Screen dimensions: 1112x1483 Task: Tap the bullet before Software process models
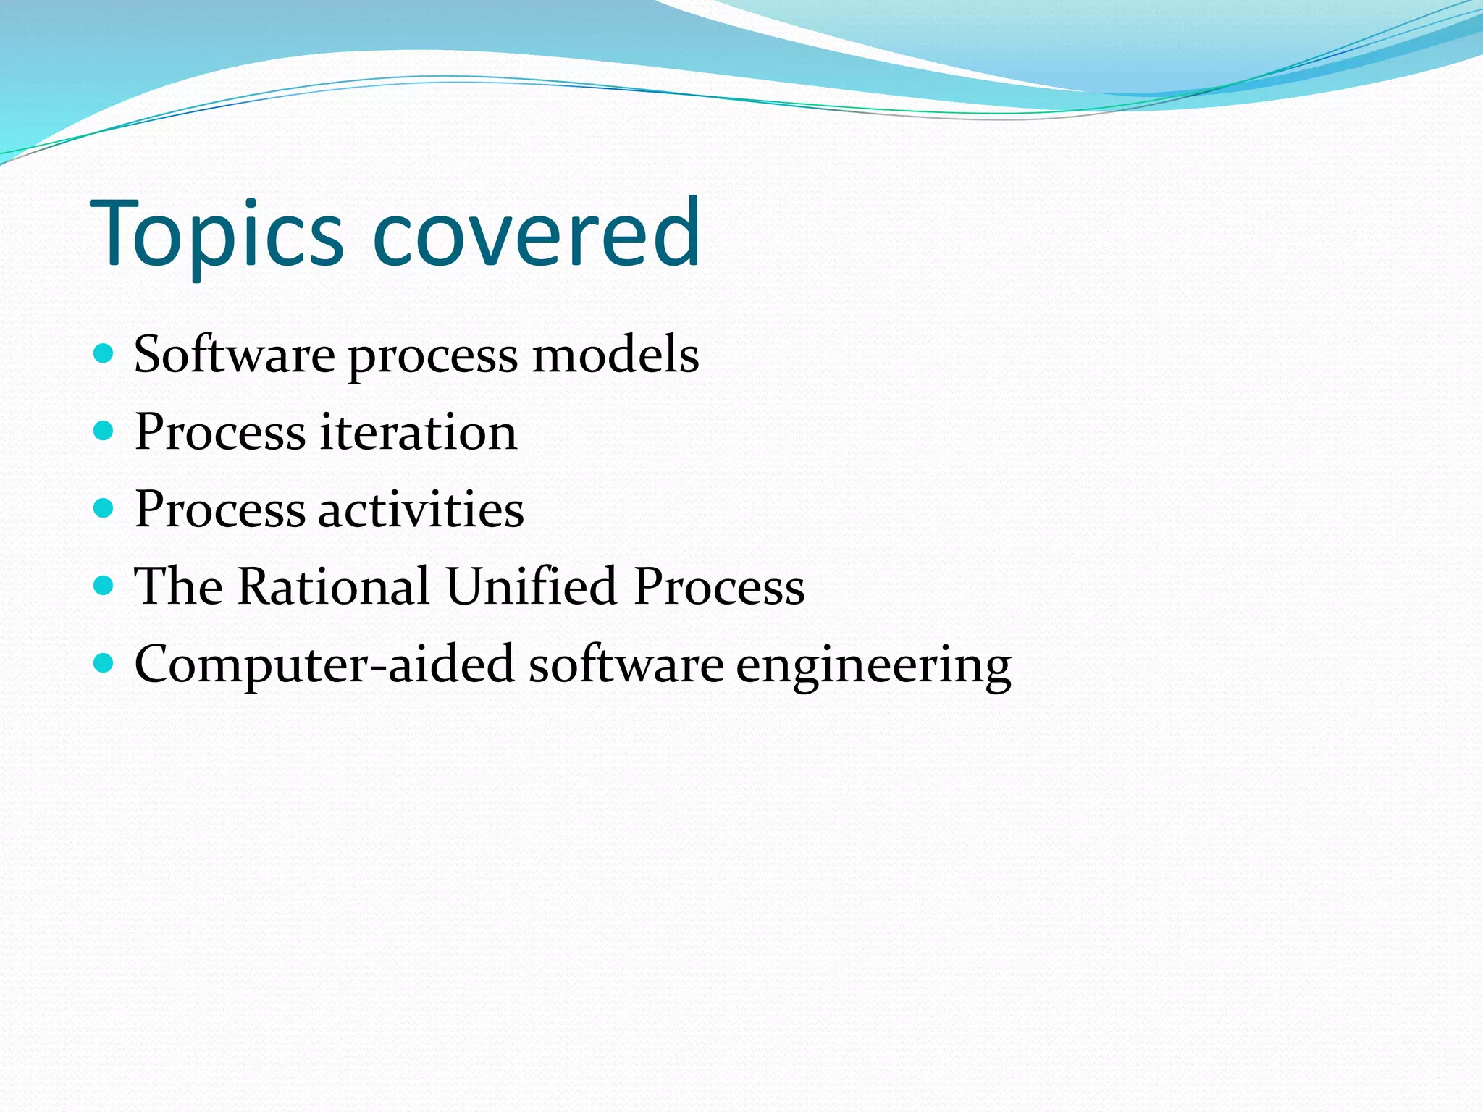pyautogui.click(x=104, y=353)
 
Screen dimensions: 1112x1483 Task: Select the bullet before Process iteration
pyautogui.click(x=104, y=431)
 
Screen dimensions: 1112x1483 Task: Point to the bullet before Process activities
pyautogui.click(x=104, y=508)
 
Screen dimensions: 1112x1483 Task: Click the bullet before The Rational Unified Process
pyautogui.click(x=104, y=585)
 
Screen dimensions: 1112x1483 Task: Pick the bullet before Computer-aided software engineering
pyautogui.click(x=104, y=662)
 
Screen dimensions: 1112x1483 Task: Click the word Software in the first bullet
pyautogui.click(x=234, y=355)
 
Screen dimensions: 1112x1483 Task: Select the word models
pyautogui.click(x=615, y=355)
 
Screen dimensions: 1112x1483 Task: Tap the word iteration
pyautogui.click(x=419, y=432)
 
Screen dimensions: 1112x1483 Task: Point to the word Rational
pyautogui.click(x=333, y=586)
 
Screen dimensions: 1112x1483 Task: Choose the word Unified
pyautogui.click(x=531, y=586)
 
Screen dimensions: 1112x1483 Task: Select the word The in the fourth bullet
pyautogui.click(x=178, y=586)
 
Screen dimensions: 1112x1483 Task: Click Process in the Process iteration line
pyautogui.click(x=220, y=432)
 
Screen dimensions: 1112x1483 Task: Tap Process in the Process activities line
pyautogui.click(x=220, y=509)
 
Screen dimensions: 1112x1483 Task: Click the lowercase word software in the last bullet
pyautogui.click(x=626, y=665)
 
